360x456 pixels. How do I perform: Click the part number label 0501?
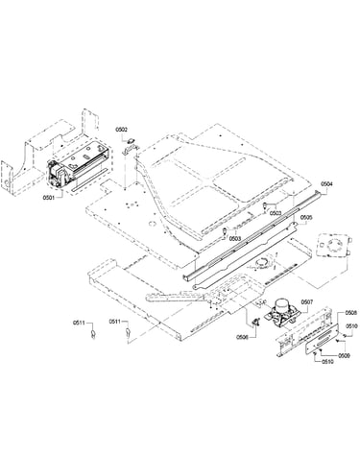pyautogui.click(x=49, y=198)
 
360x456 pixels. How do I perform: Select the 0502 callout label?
pyautogui.click(x=121, y=130)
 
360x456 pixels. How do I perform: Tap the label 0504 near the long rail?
pyautogui.click(x=326, y=184)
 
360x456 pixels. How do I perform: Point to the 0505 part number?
pyautogui.click(x=306, y=217)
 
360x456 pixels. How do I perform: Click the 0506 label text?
pyautogui.click(x=243, y=337)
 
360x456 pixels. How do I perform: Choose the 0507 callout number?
pyautogui.click(x=307, y=301)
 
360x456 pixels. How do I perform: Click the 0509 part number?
pyautogui.click(x=344, y=355)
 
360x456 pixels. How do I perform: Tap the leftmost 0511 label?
pyautogui.click(x=79, y=323)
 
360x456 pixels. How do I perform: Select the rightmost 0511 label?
pyautogui.click(x=115, y=321)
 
